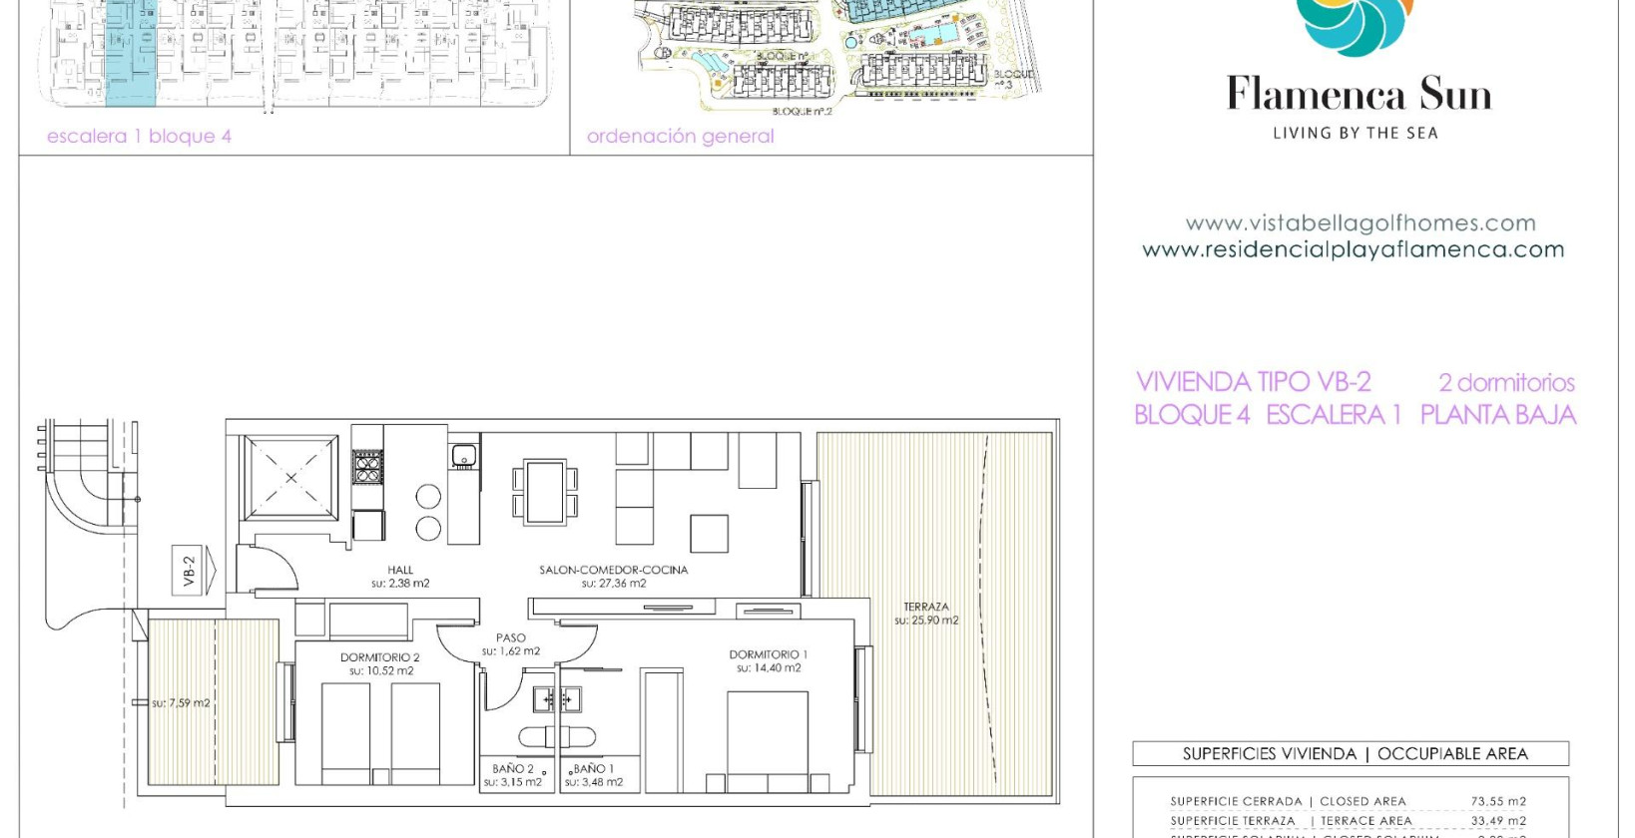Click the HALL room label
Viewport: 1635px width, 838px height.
click(400, 571)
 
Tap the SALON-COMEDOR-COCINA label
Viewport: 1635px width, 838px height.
click(613, 571)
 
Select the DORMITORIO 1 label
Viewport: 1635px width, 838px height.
click(768, 655)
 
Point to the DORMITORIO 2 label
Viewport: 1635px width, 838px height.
click(379, 658)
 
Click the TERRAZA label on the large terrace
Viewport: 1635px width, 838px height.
click(926, 607)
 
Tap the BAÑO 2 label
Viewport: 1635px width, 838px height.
click(513, 769)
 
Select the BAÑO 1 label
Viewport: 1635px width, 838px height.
click(594, 769)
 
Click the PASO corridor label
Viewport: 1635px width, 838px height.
click(510, 638)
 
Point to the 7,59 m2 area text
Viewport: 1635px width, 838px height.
click(181, 703)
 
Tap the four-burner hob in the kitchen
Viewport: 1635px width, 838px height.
click(367, 467)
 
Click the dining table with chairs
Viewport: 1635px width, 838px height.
click(545, 491)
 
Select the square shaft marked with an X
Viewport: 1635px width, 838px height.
click(291, 477)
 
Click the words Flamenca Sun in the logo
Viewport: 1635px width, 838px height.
click(1359, 95)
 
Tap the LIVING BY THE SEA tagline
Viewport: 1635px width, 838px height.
click(1355, 133)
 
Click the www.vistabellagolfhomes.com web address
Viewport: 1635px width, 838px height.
click(1360, 223)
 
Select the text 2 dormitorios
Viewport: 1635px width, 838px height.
click(1505, 382)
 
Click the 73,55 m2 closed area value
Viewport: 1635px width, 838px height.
click(1497, 801)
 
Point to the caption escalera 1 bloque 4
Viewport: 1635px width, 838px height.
click(139, 137)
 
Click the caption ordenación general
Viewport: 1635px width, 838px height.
click(680, 137)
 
